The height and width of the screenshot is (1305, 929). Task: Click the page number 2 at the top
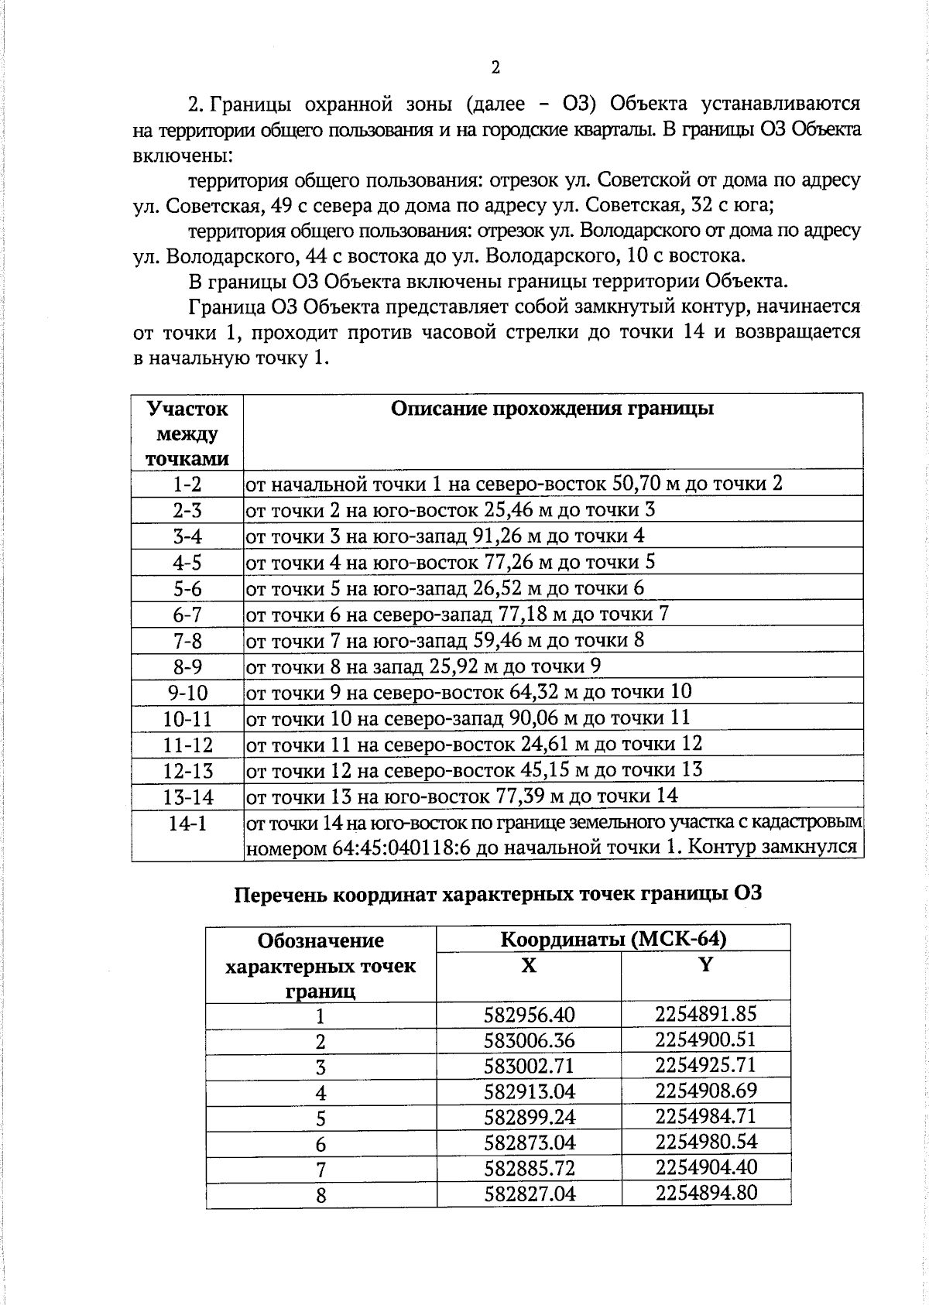click(495, 67)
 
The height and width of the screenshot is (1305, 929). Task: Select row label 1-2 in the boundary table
click(187, 485)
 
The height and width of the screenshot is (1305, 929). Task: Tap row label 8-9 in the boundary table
click(187, 667)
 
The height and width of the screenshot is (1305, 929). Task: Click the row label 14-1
click(187, 823)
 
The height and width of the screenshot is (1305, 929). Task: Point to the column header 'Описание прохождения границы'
click(552, 409)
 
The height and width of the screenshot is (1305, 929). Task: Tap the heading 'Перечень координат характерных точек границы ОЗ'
click(498, 894)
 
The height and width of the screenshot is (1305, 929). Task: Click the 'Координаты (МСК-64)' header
click(613, 940)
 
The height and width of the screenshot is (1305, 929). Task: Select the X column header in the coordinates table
click(529, 965)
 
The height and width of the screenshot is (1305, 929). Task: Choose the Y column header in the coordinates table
click(705, 965)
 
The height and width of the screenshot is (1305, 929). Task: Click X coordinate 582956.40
click(530, 1015)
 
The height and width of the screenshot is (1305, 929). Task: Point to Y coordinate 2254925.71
click(705, 1065)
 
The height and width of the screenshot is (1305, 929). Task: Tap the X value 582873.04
click(530, 1142)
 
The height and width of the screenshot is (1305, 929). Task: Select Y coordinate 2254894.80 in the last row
click(705, 1193)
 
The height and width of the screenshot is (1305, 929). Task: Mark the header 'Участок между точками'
click(187, 433)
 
